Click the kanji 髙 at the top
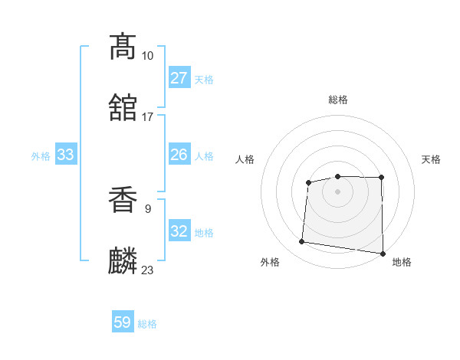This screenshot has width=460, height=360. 123,47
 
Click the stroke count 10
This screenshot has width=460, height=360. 147,56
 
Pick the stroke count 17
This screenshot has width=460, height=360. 147,116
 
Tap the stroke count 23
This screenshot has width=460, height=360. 147,270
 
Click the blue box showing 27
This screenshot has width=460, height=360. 179,78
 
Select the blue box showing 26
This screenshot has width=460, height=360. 179,155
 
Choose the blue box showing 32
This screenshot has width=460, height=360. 179,231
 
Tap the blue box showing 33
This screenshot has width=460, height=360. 65,155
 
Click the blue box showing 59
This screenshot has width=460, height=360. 123,322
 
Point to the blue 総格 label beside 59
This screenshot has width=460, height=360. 147,324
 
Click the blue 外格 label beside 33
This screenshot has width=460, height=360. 41,156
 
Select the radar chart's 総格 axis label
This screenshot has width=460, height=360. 338,100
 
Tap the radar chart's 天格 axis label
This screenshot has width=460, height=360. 431,159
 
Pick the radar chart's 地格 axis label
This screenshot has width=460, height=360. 402,262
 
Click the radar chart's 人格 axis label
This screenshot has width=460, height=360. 245,159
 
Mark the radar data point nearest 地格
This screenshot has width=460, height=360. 383,254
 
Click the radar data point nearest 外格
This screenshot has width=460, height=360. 302,242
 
